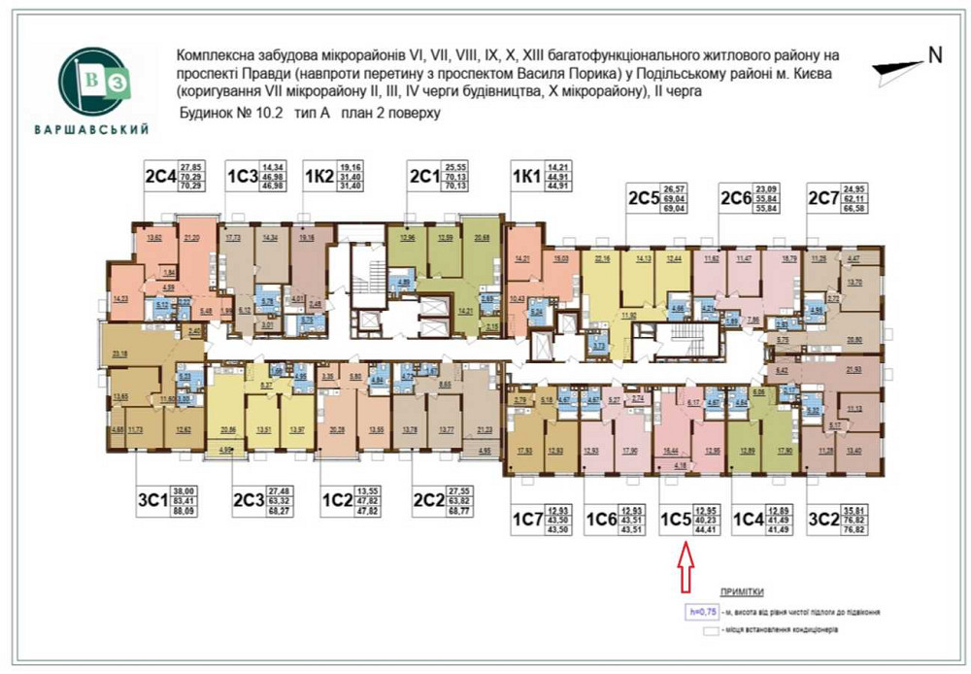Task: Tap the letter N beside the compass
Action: (x=935, y=55)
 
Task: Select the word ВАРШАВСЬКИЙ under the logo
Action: (x=90, y=129)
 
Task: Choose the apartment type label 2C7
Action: (x=823, y=200)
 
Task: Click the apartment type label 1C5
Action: (x=676, y=519)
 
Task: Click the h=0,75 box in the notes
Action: (x=702, y=613)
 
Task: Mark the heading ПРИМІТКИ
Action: (x=742, y=591)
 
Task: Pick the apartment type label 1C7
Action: (x=529, y=519)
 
